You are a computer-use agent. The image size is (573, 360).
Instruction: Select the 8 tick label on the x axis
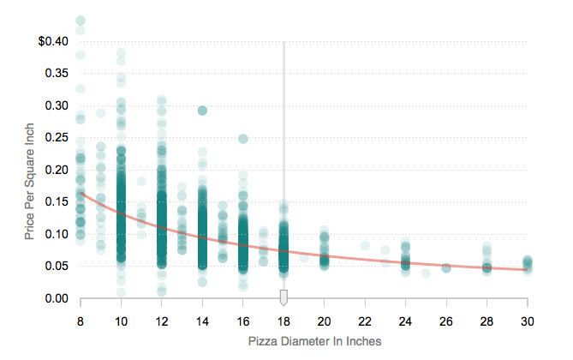coord(81,321)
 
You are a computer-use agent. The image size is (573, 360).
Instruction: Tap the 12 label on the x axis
coord(161,321)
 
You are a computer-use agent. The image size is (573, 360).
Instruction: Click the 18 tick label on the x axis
coord(284,321)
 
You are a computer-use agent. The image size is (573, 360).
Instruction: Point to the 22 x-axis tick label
coord(365,321)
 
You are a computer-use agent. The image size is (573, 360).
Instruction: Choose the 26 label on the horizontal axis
coord(446,321)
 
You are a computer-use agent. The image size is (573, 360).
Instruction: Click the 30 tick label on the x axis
coord(528,321)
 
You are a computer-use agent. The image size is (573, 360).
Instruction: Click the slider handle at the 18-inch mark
coord(284,297)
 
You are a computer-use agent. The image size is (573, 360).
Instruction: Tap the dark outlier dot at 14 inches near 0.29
coord(202,111)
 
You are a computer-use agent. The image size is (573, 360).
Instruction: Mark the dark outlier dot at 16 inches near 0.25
coord(243,138)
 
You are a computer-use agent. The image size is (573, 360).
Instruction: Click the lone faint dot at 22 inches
coord(365,246)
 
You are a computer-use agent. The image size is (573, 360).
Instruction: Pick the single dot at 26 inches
coord(446,268)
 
